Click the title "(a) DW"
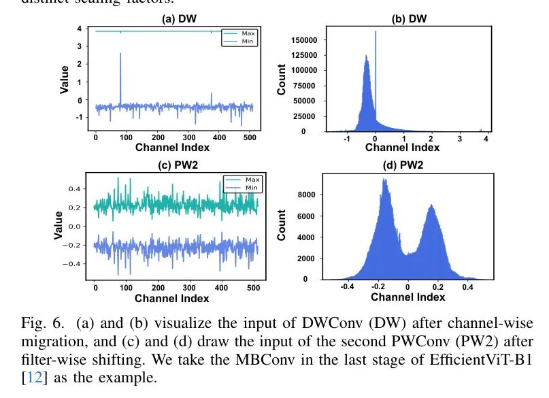[178, 19]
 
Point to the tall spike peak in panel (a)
[120, 54]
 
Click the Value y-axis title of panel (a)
[66, 79]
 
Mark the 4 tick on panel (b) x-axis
[487, 138]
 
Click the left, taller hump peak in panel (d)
[384, 180]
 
